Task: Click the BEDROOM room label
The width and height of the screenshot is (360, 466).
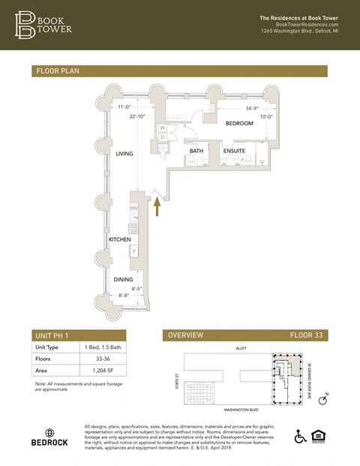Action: (239, 124)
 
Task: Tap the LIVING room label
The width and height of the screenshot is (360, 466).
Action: (124, 154)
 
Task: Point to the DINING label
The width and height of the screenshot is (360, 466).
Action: (123, 279)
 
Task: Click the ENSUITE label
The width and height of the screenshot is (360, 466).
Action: (234, 152)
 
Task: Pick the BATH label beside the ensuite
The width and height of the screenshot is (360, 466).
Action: (196, 152)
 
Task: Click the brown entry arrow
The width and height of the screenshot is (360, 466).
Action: (157, 207)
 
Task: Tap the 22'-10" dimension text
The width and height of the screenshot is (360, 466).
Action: (138, 116)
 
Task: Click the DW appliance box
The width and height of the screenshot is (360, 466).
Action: (134, 209)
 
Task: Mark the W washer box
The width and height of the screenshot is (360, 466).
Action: (163, 128)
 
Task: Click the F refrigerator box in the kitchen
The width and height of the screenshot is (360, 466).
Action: (135, 250)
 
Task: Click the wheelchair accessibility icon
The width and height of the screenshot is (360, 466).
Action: (299, 437)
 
